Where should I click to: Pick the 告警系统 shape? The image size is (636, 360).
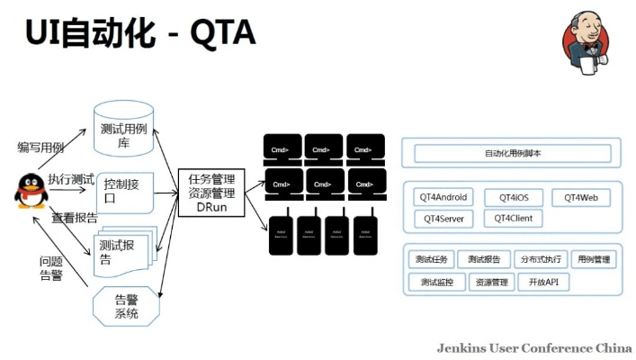(x=126, y=307)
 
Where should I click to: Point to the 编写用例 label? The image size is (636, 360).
(x=41, y=147)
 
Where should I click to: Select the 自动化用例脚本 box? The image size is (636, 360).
(x=512, y=154)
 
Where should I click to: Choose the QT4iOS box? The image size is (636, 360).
(x=513, y=197)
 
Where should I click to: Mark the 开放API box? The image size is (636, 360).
(x=544, y=283)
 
